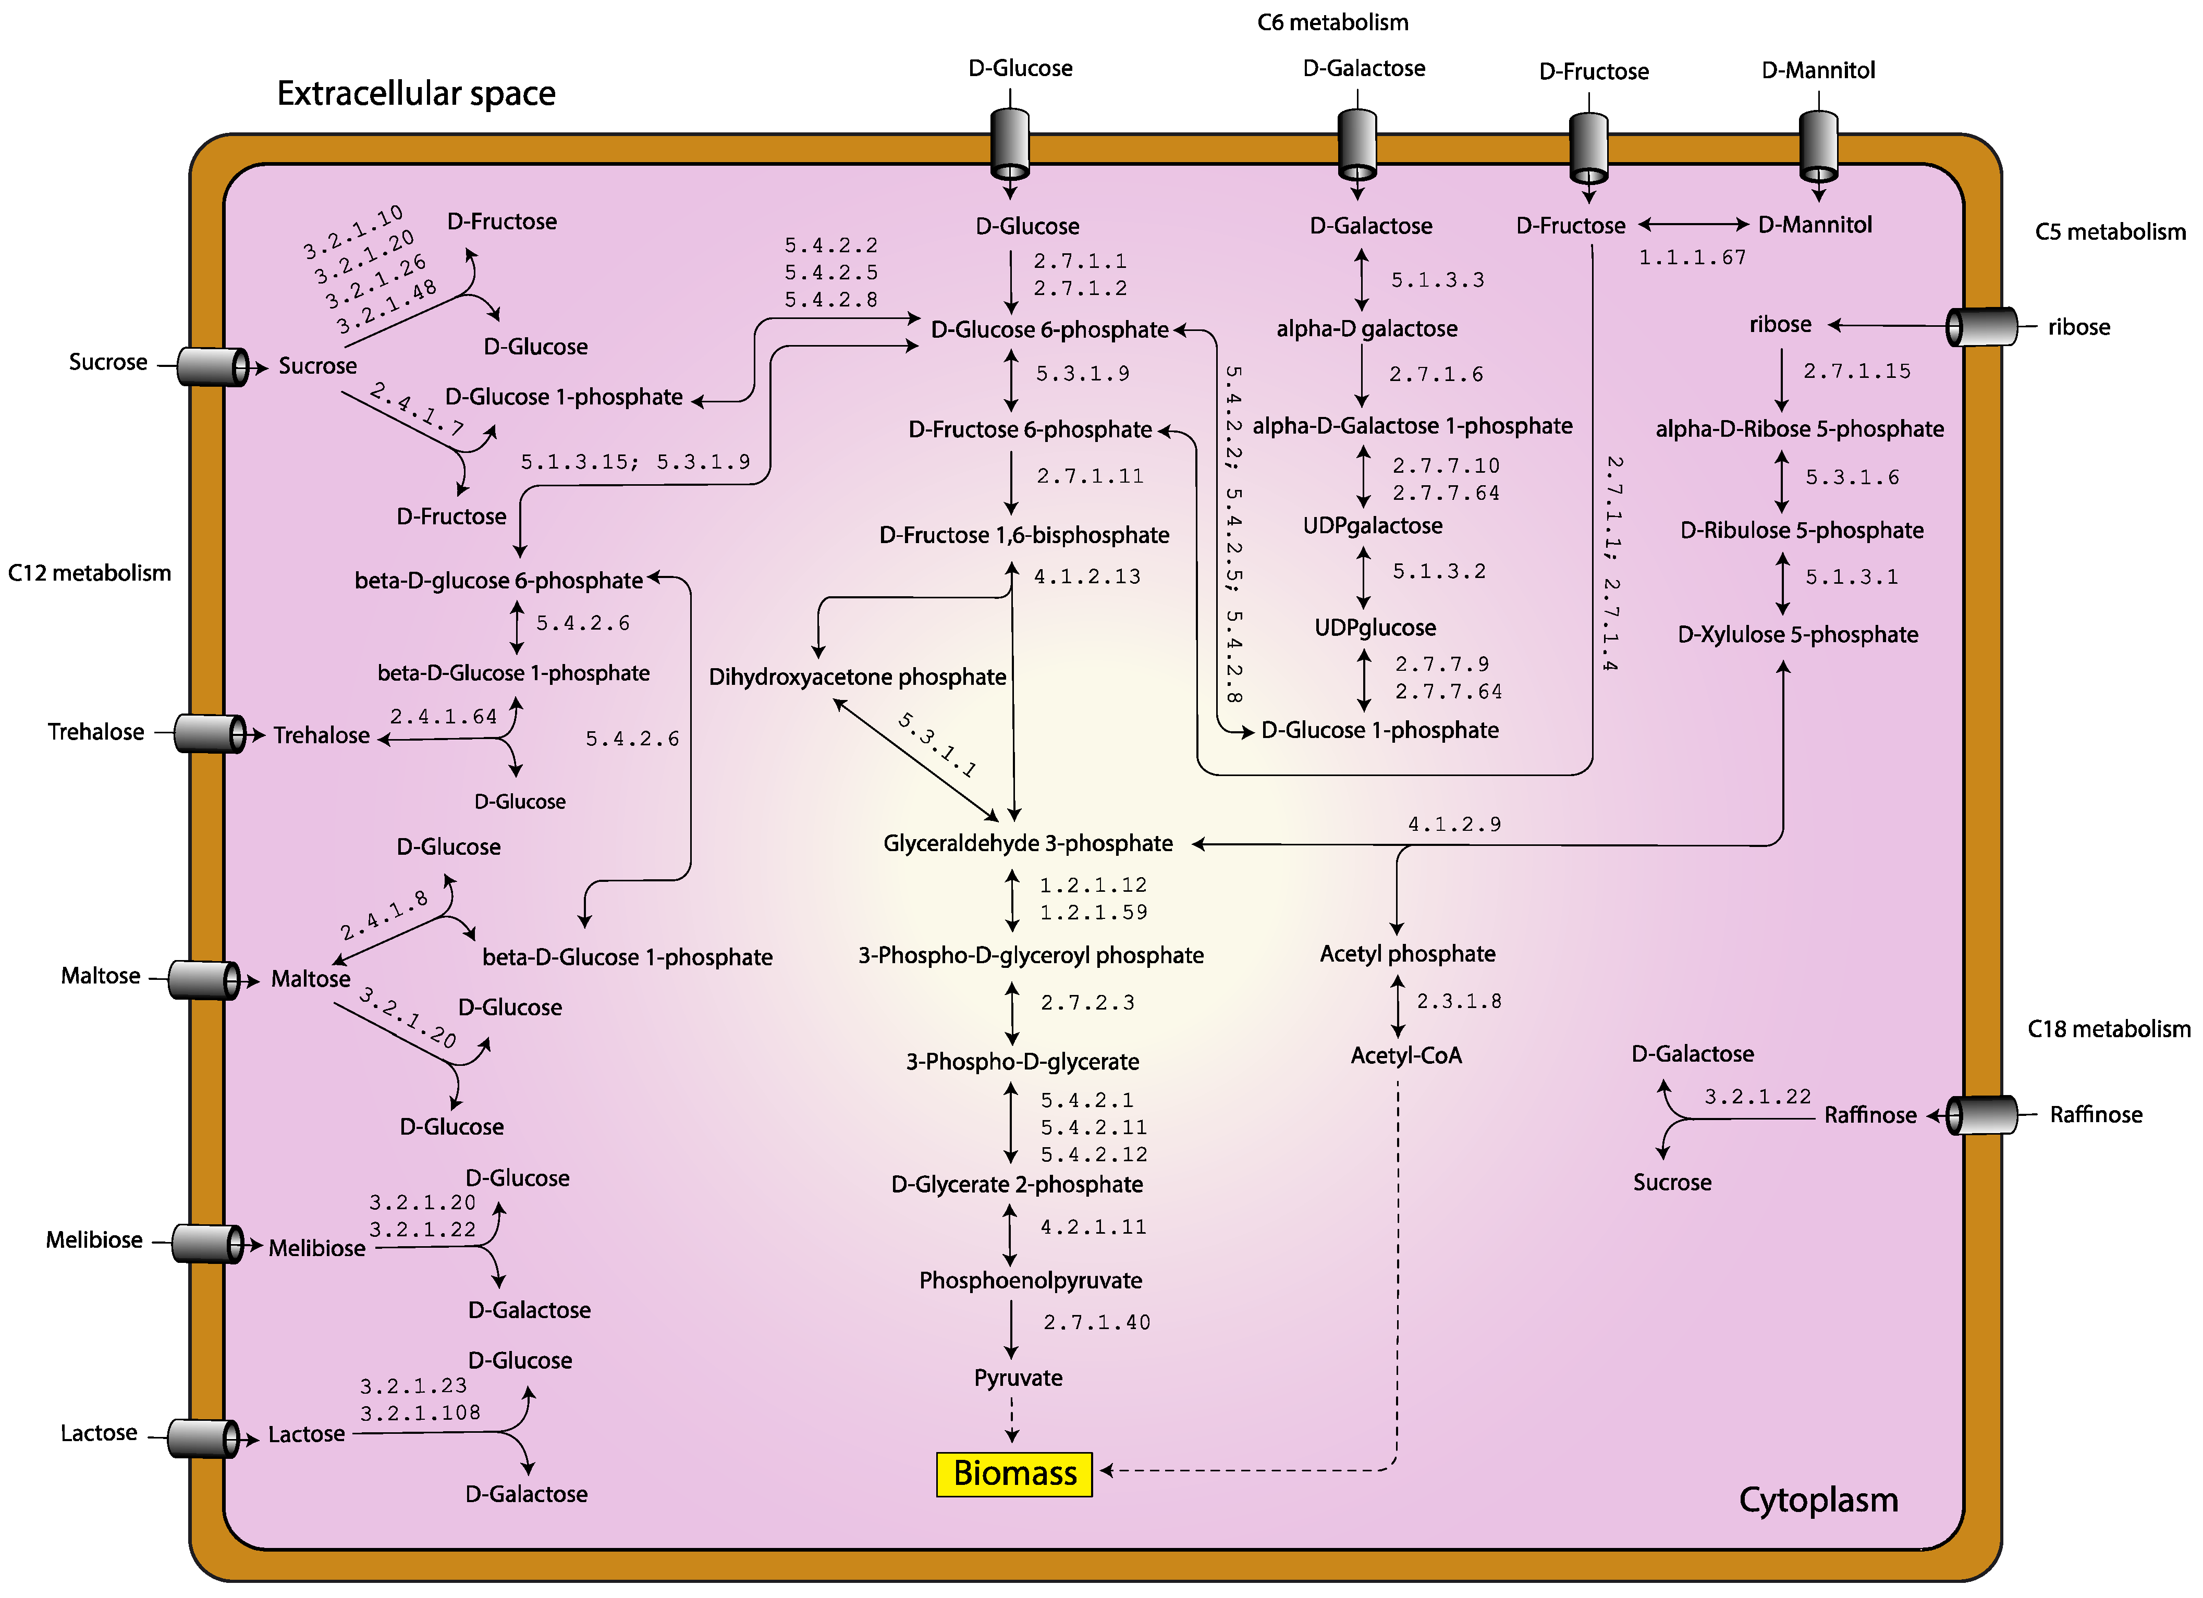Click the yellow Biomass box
click(1014, 1473)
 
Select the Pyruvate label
click(1018, 1378)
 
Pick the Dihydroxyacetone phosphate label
click(856, 677)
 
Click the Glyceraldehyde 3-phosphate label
click(1027, 843)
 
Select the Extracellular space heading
click(415, 93)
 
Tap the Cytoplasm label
click(1817, 1500)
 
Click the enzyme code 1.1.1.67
click(1692, 257)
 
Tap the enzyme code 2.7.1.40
click(1097, 1322)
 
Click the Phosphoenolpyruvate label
click(1031, 1281)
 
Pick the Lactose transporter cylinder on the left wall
click(203, 1437)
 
